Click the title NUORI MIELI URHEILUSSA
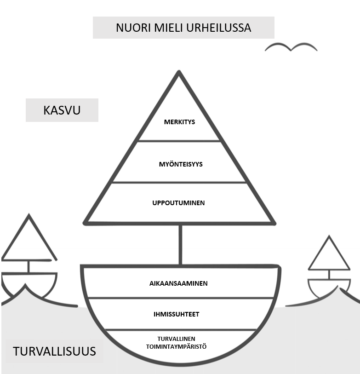click(183, 28)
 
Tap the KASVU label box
click(62, 110)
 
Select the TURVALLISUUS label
click(54, 351)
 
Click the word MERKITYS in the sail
click(179, 122)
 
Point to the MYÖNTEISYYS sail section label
click(179, 164)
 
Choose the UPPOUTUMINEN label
click(178, 203)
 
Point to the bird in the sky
click(291, 47)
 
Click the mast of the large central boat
click(180, 244)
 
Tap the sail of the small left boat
click(29, 242)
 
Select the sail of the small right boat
click(329, 256)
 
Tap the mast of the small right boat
click(329, 275)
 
